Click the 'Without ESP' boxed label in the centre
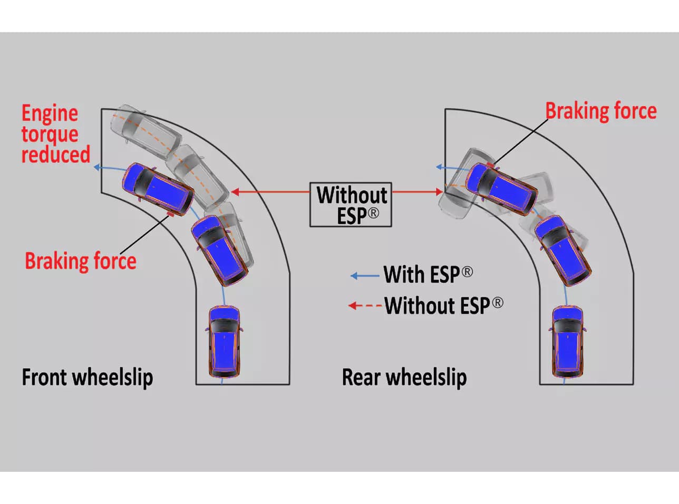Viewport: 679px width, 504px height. [x=351, y=205]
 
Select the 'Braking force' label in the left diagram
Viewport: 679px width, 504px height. [x=80, y=261]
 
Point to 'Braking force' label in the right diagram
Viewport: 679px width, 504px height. [x=600, y=111]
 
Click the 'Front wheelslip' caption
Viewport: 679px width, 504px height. [x=87, y=377]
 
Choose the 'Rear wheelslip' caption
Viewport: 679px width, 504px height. [x=404, y=377]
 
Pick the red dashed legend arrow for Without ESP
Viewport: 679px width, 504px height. [x=365, y=306]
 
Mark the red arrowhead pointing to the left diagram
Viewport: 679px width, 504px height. [x=236, y=192]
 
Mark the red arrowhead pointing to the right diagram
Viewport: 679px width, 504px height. [x=439, y=192]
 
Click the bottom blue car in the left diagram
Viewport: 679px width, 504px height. [x=225, y=341]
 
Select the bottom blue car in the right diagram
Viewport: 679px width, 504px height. [x=567, y=341]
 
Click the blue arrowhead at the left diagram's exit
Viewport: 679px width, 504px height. [x=97, y=168]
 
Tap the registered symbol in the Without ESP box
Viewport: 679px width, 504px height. [x=373, y=214]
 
